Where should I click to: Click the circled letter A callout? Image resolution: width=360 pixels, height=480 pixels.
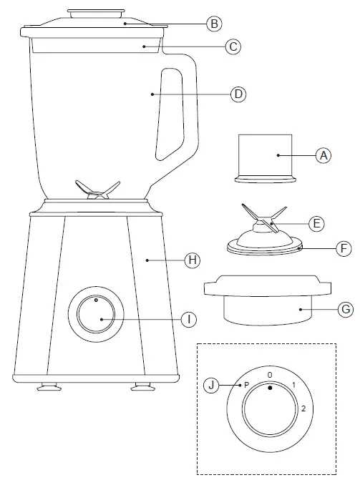(x=324, y=155)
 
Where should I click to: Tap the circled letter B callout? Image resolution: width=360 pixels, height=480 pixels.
(x=213, y=24)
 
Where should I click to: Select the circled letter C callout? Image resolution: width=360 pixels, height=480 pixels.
(x=232, y=46)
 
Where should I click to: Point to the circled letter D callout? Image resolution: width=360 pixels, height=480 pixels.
(x=239, y=94)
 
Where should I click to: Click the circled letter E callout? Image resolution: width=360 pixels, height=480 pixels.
(x=316, y=223)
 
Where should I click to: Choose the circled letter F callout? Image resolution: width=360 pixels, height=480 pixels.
(x=344, y=249)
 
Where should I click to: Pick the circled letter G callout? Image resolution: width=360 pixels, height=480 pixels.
(x=345, y=309)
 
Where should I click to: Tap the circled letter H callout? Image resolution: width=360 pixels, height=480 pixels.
(x=191, y=260)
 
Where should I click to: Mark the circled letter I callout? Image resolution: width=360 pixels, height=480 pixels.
(x=188, y=319)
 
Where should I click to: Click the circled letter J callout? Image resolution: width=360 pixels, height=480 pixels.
(x=211, y=385)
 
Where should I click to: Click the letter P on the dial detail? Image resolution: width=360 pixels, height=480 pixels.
(x=246, y=384)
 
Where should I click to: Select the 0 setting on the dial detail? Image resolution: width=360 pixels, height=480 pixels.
(x=269, y=374)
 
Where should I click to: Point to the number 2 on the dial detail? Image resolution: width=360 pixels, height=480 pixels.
(x=304, y=408)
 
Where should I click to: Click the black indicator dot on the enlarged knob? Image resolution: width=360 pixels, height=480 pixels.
(x=270, y=388)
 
